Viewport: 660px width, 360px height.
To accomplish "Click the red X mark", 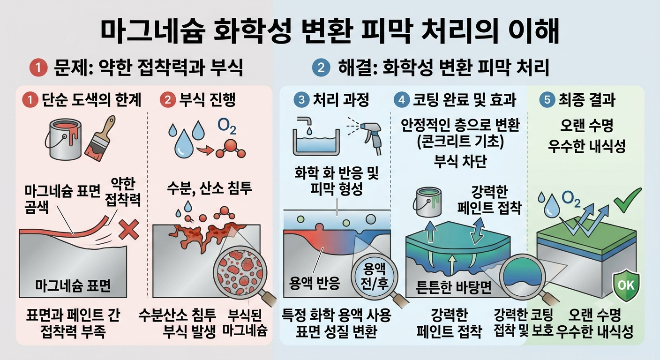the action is pyautogui.click(x=129, y=229).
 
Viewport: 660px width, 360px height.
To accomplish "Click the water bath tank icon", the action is pyautogui.click(x=316, y=136).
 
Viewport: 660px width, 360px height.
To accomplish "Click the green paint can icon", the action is pyautogui.click(x=427, y=202).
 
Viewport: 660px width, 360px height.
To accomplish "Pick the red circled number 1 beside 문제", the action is pyautogui.click(x=38, y=68).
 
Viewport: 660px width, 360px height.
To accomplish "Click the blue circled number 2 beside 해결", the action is pyautogui.click(x=321, y=68).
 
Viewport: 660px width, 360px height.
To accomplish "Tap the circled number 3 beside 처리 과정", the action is pyautogui.click(x=302, y=100).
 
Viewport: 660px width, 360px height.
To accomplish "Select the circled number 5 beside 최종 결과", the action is pyautogui.click(x=547, y=100).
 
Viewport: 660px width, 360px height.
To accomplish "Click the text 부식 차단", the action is pyautogui.click(x=460, y=161).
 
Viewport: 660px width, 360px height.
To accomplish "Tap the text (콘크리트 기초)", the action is pyautogui.click(x=460, y=142).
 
